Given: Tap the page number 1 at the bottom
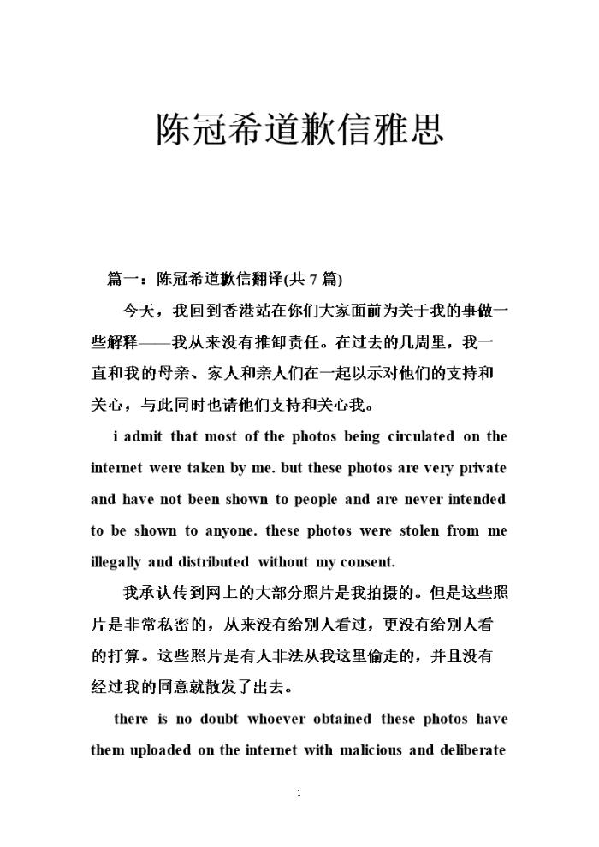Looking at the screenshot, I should (299, 793).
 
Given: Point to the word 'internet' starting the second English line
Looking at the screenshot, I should (117, 468).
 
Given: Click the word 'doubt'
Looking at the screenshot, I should (218, 719).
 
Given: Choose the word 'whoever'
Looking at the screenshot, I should (276, 719).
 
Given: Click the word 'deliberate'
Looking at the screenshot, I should (471, 750).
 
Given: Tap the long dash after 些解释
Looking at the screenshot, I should (155, 341).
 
